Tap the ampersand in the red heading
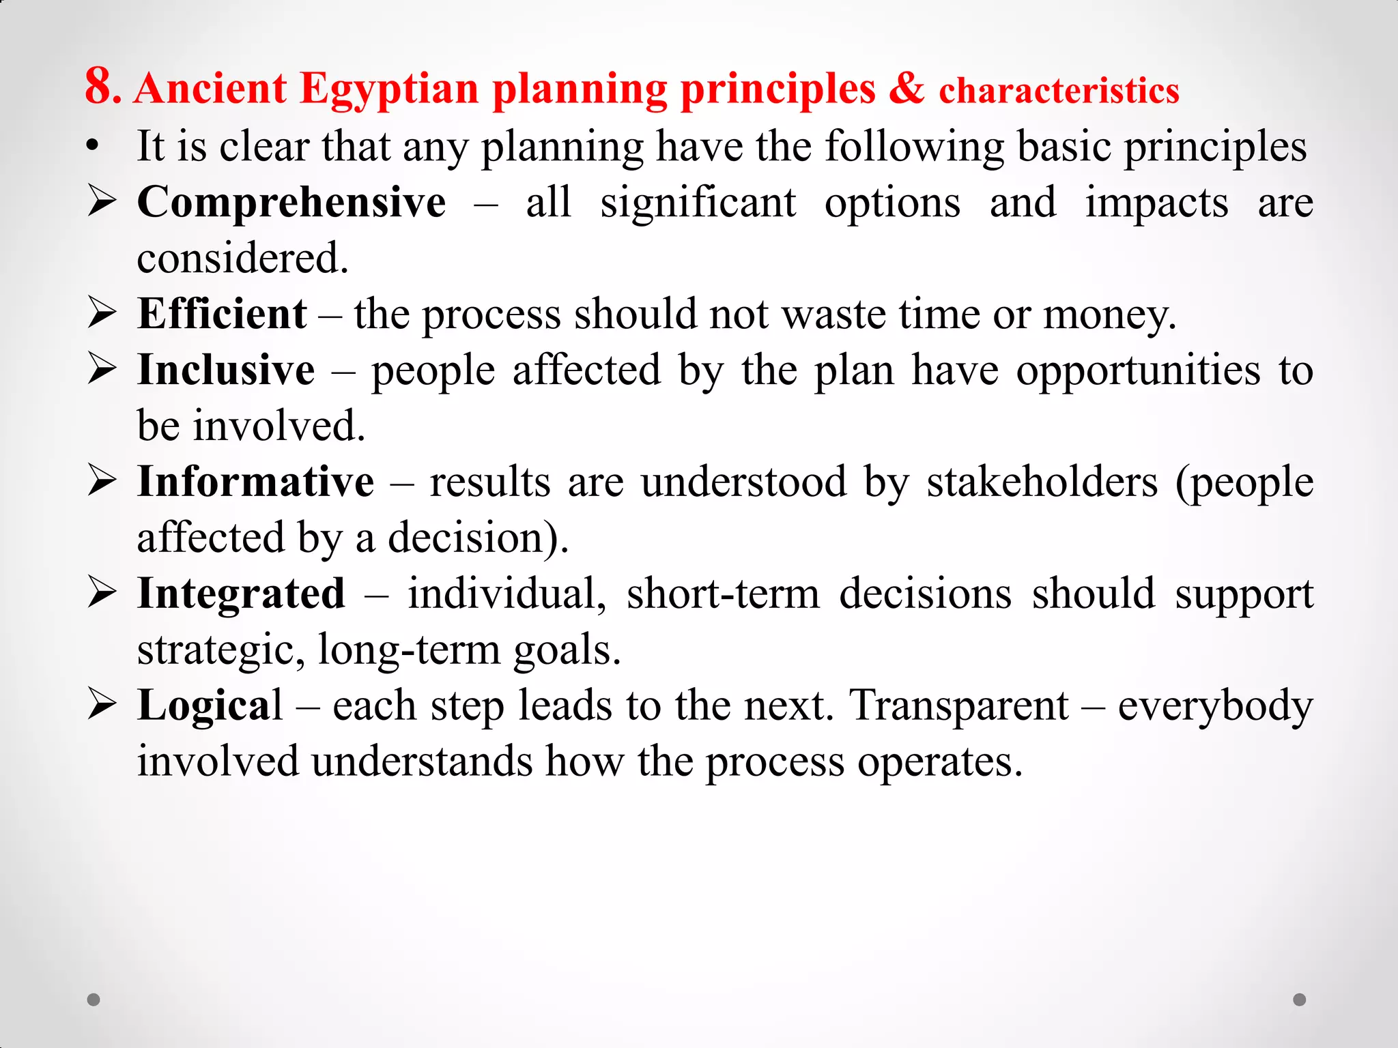coord(907,89)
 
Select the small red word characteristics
coord(1059,91)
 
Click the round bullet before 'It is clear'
coord(94,146)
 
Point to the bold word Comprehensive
coord(291,203)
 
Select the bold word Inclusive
coord(226,370)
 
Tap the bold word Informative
coord(255,482)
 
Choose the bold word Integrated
coord(241,594)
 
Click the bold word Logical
coord(210,705)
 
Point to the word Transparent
coord(959,705)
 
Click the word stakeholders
coord(1042,482)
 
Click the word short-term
coord(723,594)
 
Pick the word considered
coord(242,259)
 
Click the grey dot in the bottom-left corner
coord(94,1000)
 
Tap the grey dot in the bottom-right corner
coord(1300,1000)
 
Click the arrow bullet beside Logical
coord(102,705)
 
